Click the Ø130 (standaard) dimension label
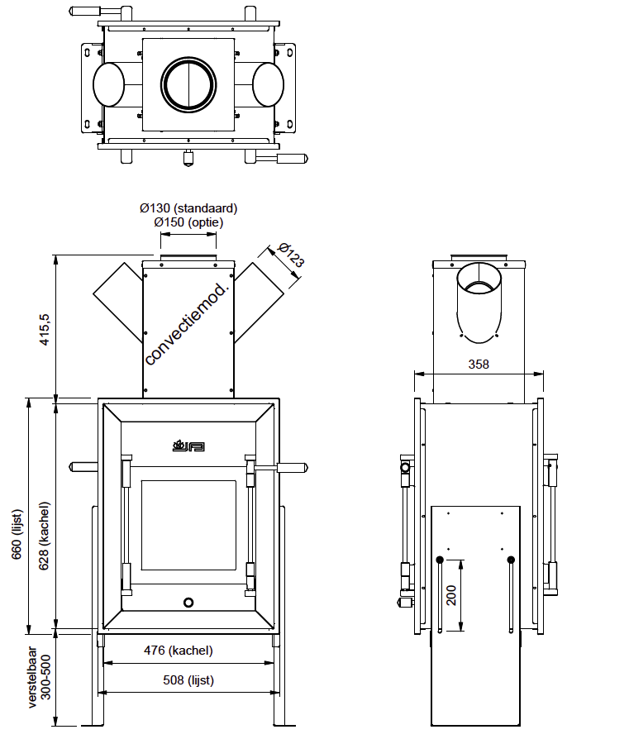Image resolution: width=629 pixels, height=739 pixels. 188,209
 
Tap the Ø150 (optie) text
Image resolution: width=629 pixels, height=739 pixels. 188,222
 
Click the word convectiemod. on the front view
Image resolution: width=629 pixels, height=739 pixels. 187,323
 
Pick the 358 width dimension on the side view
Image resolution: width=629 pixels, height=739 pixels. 479,364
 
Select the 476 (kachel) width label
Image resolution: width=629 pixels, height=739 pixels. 179,651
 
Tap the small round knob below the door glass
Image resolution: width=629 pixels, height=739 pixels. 188,602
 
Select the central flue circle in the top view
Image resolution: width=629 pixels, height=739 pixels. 188,83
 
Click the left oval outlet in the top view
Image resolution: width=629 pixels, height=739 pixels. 108,84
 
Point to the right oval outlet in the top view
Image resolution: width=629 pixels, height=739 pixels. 268,84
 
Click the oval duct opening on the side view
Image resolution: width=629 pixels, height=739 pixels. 479,303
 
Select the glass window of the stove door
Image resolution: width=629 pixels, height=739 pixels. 188,525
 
